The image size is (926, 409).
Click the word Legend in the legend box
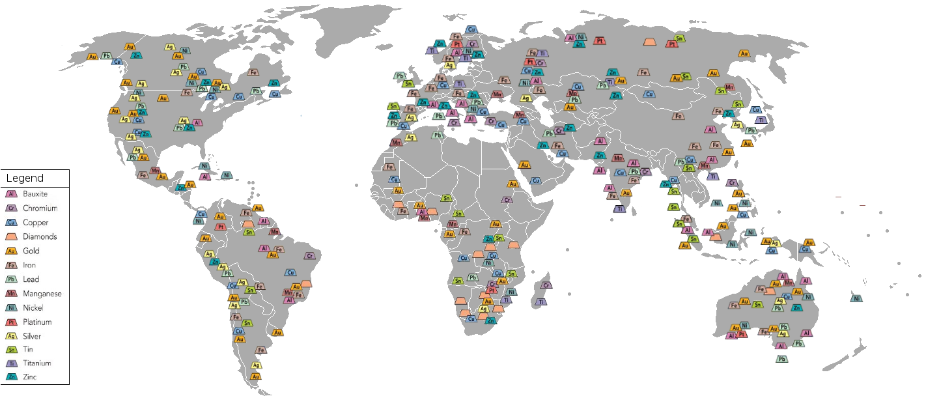tap(25, 178)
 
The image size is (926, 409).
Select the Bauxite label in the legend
tap(35, 194)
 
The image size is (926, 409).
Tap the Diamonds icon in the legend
tap(11, 236)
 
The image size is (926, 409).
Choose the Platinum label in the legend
tap(36, 322)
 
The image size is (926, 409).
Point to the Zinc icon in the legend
tap(11, 376)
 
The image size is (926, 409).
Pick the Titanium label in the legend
tap(36, 363)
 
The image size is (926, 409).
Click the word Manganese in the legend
tap(42, 294)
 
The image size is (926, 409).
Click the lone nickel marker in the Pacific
tap(856, 298)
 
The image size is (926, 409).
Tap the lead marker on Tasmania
tap(781, 358)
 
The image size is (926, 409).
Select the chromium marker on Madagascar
tap(546, 285)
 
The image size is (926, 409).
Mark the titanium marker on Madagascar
tap(540, 302)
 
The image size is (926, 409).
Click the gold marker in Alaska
tap(92, 57)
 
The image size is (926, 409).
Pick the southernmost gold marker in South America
tap(255, 376)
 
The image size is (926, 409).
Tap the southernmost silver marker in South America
tap(256, 365)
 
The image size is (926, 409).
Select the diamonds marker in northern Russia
tap(649, 42)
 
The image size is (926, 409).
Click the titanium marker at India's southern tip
tap(619, 209)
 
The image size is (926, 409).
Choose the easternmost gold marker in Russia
tap(744, 53)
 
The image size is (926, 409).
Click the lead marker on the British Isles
tap(399, 76)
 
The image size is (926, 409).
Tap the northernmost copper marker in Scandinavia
tap(471, 29)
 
